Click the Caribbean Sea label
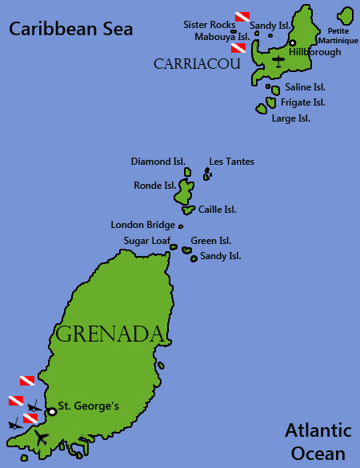[x=70, y=30]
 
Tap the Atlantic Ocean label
[x=318, y=442]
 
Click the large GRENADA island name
[x=110, y=334]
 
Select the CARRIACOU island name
[x=197, y=63]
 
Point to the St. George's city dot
[x=52, y=411]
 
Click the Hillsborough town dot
[x=292, y=42]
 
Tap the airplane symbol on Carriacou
[x=278, y=60]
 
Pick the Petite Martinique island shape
[x=346, y=15]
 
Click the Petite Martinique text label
[x=338, y=36]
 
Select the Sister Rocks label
[x=209, y=25]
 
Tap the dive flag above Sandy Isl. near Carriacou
[x=242, y=16]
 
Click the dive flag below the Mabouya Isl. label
[x=238, y=48]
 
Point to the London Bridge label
[x=142, y=225]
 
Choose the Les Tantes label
[x=231, y=162]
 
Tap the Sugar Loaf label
[x=146, y=240]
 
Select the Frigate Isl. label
[x=302, y=102]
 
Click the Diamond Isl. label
[x=158, y=162]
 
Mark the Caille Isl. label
[x=217, y=210]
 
